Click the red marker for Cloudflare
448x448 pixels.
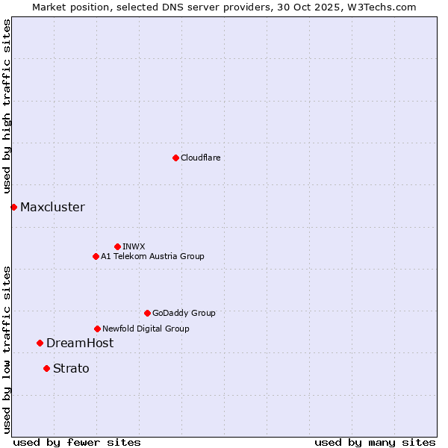pos(175,158)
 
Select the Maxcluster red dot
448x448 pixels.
pos(13,207)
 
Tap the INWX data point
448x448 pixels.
pos(117,246)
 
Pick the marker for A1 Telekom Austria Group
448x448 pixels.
pos(96,256)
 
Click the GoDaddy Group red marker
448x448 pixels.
pos(147,313)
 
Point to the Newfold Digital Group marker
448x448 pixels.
pos(97,329)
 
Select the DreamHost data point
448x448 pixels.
pos(40,343)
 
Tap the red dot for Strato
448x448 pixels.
pos(46,368)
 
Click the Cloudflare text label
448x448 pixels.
pos(200,158)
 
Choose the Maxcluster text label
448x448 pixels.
pos(52,207)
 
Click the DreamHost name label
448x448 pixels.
pos(80,343)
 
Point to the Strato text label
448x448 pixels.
pos(71,368)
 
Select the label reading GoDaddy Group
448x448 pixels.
pos(184,313)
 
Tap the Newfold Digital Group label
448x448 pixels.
pos(146,329)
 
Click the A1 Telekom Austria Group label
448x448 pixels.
pos(152,256)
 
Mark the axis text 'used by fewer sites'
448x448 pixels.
pos(77,442)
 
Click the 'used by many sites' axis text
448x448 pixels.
pos(375,442)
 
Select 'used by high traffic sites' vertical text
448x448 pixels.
pos(7,107)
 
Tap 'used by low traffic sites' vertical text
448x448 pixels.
pos(7,349)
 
